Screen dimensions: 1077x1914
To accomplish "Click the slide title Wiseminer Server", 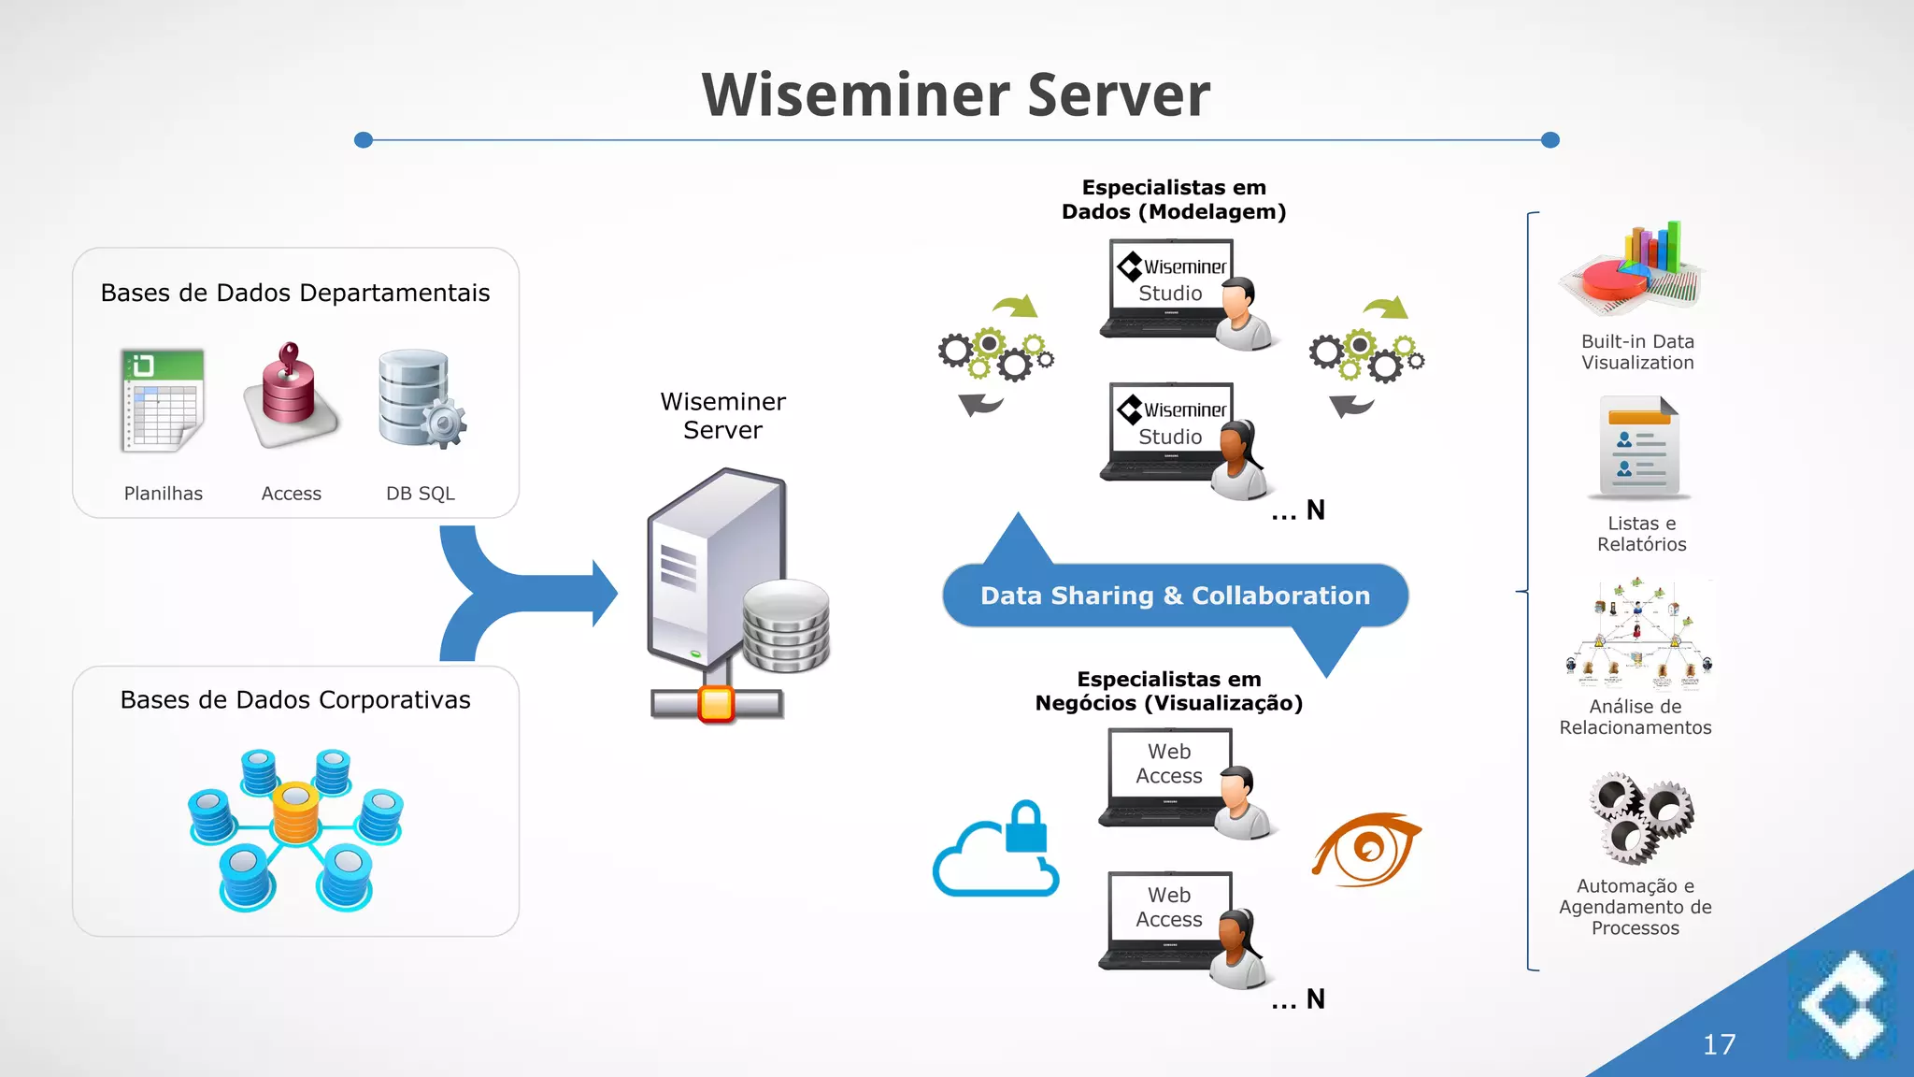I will tap(955, 94).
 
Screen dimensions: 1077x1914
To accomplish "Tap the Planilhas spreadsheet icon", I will tap(163, 400).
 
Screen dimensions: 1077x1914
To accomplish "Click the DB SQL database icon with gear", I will tap(420, 398).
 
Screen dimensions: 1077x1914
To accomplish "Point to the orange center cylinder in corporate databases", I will tap(296, 811).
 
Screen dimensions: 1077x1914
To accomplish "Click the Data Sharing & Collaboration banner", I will tap(1175, 596).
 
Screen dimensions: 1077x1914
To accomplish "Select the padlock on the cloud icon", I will tap(1026, 827).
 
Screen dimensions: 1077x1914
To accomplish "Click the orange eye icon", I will tap(1366, 849).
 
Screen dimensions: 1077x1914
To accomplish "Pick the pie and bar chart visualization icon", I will tap(1636, 270).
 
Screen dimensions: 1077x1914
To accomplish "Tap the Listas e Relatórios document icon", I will tap(1639, 447).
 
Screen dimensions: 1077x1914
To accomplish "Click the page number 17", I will tap(1719, 1044).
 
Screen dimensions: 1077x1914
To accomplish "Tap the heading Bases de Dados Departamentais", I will tap(295, 293).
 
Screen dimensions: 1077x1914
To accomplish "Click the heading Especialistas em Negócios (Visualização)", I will tap(1168, 691).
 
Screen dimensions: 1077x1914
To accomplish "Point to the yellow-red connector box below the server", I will tap(717, 704).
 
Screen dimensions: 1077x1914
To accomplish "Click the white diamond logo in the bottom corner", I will tap(1843, 1005).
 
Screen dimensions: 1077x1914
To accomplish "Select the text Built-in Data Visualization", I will tap(1637, 352).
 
